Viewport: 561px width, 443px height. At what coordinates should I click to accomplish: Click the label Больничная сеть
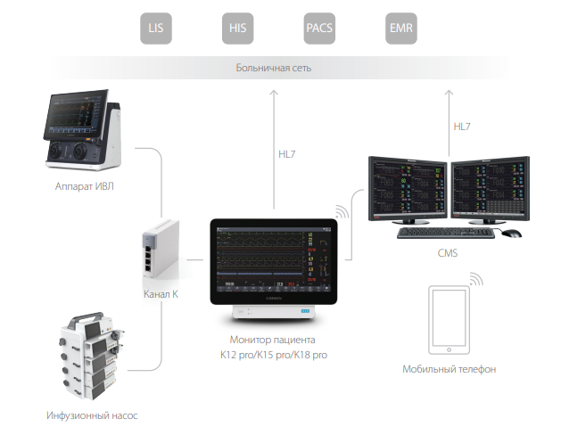[274, 68]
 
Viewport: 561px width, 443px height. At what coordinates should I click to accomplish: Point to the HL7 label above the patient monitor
[286, 154]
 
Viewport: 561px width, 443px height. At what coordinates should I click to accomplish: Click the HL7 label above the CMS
[462, 127]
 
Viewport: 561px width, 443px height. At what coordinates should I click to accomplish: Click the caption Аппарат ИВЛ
[83, 186]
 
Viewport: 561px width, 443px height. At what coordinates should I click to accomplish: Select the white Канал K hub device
[159, 253]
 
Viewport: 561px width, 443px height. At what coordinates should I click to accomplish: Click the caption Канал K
[161, 294]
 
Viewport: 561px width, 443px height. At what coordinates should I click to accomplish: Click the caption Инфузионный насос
[93, 415]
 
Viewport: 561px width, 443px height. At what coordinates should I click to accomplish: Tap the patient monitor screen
[274, 259]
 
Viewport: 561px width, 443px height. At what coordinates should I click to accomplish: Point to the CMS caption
[448, 253]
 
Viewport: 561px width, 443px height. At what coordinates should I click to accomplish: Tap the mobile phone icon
[450, 319]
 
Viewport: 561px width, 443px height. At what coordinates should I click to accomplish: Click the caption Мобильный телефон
[450, 368]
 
